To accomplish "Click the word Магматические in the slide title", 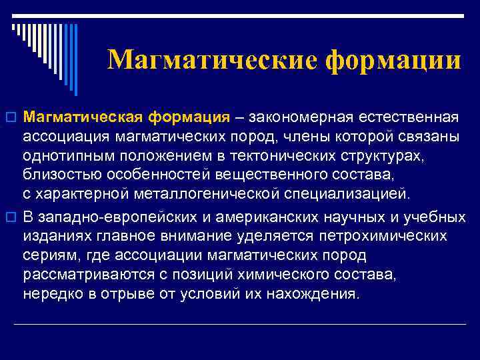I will click(x=213, y=61).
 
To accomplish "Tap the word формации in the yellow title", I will click(x=393, y=61).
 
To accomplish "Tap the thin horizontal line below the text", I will click(x=240, y=324).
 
